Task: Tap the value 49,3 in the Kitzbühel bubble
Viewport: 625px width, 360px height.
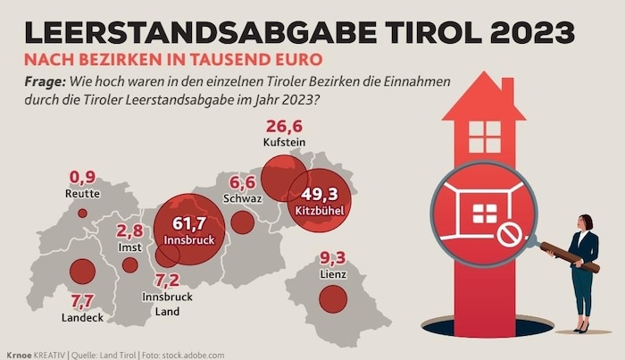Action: pos(317,194)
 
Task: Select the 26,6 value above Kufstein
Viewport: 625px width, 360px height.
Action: pos(285,125)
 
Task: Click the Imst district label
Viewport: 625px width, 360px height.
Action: pos(130,247)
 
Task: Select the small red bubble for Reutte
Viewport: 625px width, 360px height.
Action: pos(82,213)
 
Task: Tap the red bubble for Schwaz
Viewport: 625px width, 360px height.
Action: pos(242,222)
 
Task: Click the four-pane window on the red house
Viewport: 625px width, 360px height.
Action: pos(485,136)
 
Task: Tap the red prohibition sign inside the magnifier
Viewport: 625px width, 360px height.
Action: pos(509,235)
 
